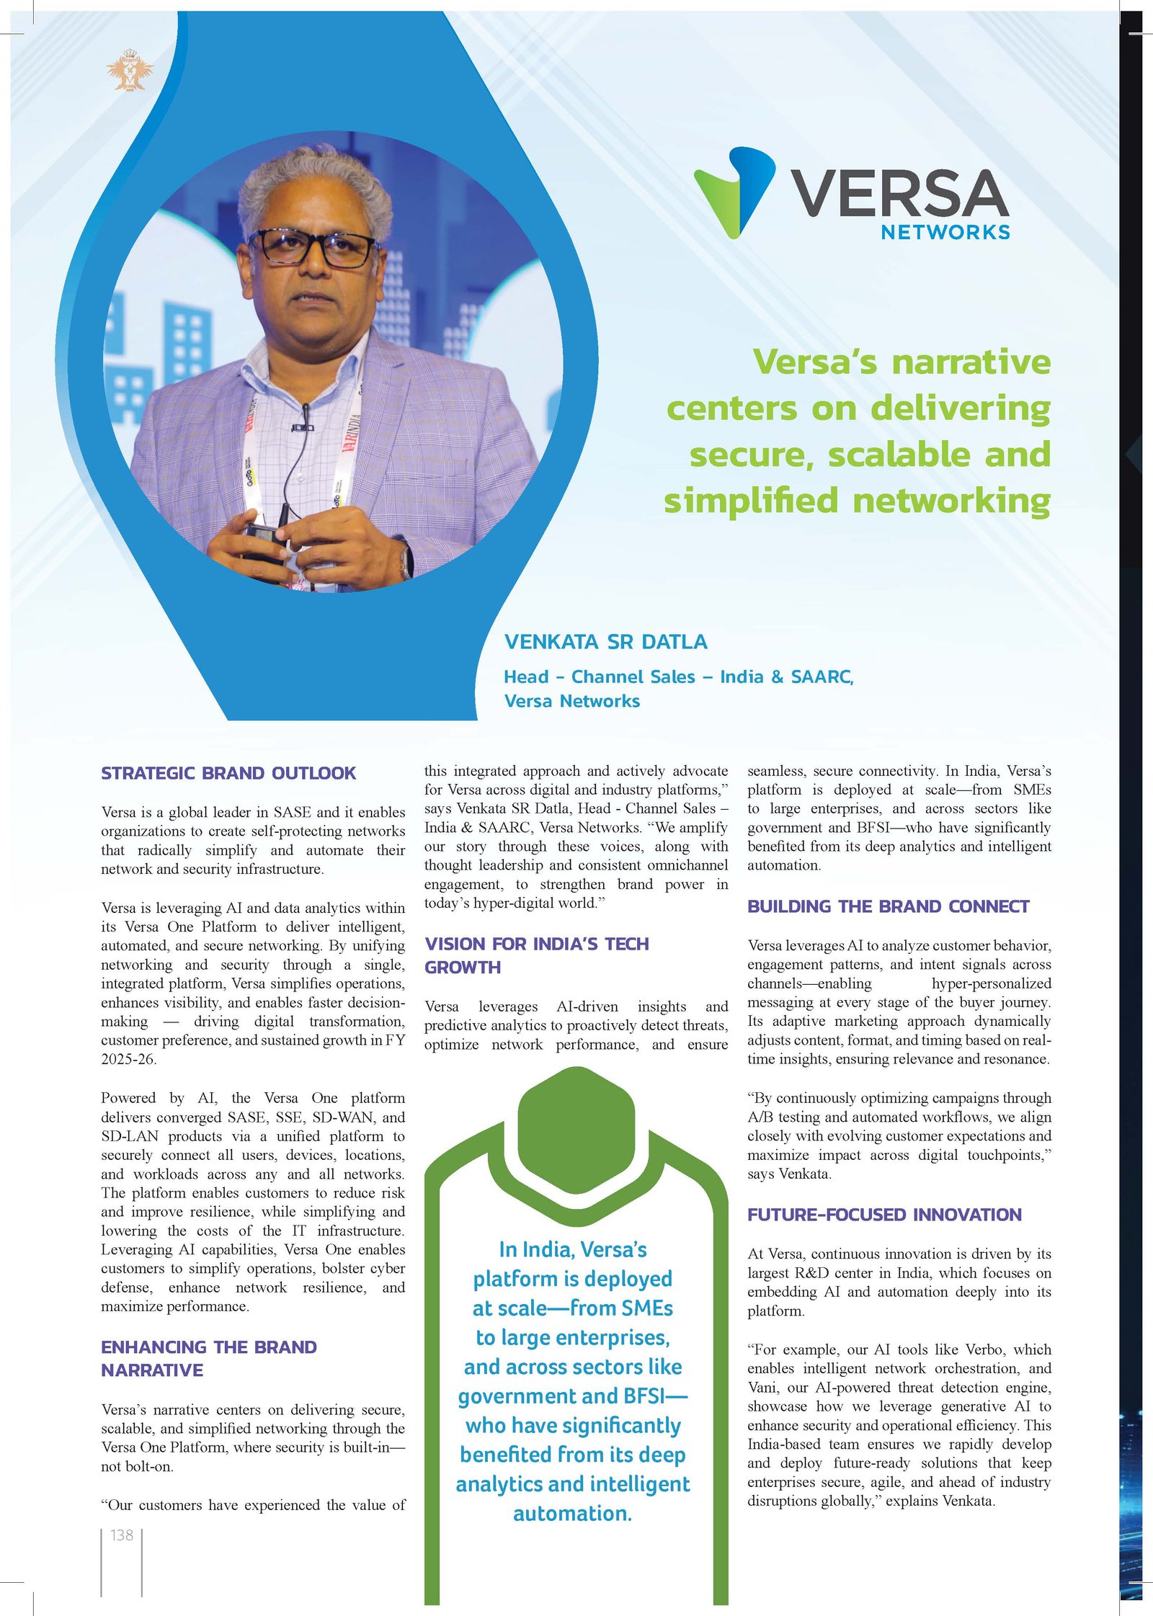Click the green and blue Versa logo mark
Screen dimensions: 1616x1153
pos(734,192)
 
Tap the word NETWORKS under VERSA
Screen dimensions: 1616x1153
pos(945,232)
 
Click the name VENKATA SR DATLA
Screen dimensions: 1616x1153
pos(605,642)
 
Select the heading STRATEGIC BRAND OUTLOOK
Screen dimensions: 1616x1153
pos(228,773)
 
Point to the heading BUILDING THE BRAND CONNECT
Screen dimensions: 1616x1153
pos(888,906)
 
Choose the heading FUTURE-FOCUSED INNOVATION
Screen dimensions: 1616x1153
pos(884,1215)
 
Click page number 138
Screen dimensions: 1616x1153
pos(122,1535)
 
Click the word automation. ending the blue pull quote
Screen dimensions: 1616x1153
pos(572,1513)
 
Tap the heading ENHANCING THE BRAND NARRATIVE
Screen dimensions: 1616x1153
pos(209,1359)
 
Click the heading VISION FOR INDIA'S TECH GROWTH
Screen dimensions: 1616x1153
pos(536,955)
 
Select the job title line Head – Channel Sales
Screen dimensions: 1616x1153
pos(678,677)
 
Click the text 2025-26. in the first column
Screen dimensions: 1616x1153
pos(129,1059)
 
